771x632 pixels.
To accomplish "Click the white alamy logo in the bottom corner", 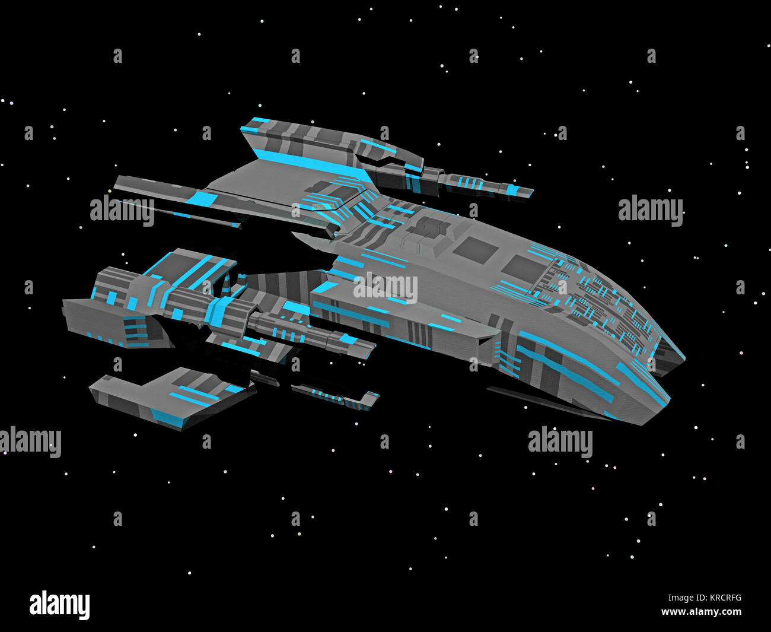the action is pyautogui.click(x=59, y=605).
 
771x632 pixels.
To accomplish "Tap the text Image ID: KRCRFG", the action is pyautogui.click(x=705, y=598).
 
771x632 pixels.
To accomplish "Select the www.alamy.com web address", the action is pyautogui.click(x=701, y=611).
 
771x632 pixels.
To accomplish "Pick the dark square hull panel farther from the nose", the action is pyautogui.click(x=475, y=250).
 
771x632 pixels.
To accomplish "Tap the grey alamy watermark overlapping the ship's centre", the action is pyautogui.click(x=385, y=288).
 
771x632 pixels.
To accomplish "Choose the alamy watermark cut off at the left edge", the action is pyautogui.click(x=30, y=442).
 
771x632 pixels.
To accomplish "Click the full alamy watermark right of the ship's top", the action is pyautogui.click(x=651, y=210).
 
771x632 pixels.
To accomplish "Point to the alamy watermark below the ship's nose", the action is pyautogui.click(x=560, y=442).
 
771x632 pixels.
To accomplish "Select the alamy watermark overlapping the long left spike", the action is pyautogui.click(x=122, y=210).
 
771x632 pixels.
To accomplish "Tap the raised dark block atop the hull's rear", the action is pyautogui.click(x=428, y=227).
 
